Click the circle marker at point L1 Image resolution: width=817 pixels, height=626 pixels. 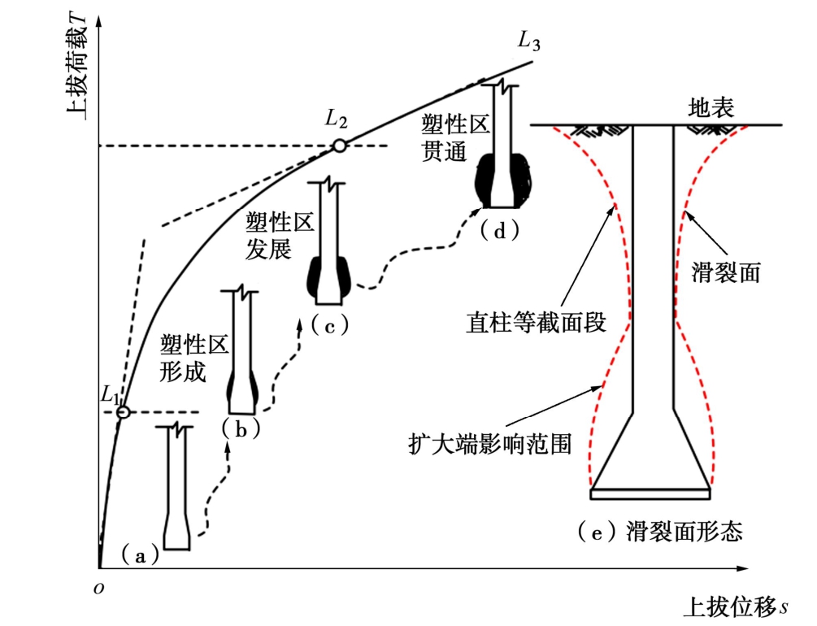(122, 412)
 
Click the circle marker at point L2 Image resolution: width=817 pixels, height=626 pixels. (338, 146)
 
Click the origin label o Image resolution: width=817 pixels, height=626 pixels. (98, 587)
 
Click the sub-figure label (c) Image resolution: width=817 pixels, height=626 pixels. (329, 326)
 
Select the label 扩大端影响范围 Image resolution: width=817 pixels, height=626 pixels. (491, 444)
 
